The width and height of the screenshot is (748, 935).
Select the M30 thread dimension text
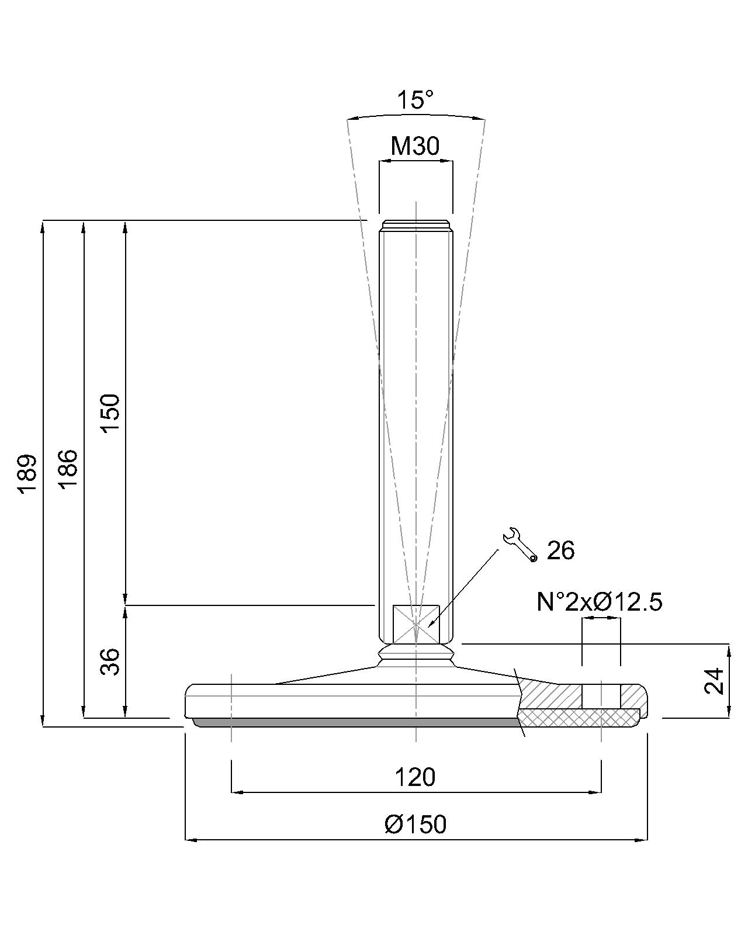pos(415,146)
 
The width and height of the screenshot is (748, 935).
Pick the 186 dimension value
pos(68,469)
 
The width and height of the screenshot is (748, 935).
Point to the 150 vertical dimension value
pos(110,413)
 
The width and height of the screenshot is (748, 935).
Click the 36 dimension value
pos(110,662)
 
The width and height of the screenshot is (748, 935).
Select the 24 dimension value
pos(715,680)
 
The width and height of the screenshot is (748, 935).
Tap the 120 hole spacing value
pos(415,777)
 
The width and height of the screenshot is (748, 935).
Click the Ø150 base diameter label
pos(415,825)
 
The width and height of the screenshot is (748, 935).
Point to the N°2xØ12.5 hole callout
pos(600,602)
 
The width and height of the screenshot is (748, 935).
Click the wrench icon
pos(520,545)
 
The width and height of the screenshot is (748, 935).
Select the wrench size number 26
pos(560,550)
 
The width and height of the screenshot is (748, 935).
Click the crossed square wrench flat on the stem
pos(415,624)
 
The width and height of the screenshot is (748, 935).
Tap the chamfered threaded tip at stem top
pos(415,226)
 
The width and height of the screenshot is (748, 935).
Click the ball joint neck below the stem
pos(415,656)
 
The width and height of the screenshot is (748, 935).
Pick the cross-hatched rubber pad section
pos(579,718)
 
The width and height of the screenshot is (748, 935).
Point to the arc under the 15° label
pos(415,115)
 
